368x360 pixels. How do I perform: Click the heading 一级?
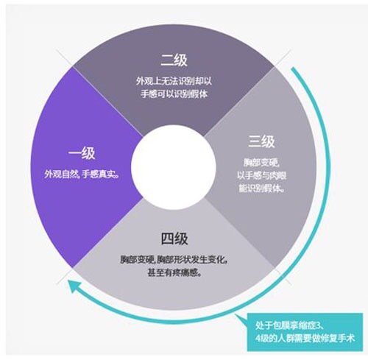[x=82, y=153]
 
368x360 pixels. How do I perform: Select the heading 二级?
[x=174, y=60]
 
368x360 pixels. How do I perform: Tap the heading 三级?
[x=261, y=141]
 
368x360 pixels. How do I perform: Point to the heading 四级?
[x=174, y=238]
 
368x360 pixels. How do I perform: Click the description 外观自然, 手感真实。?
[x=82, y=174]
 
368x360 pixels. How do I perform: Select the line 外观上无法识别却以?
[x=174, y=81]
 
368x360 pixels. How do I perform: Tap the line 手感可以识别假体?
[x=174, y=93]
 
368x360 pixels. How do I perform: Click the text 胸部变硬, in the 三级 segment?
[x=261, y=162]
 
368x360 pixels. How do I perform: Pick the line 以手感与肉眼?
[x=261, y=175]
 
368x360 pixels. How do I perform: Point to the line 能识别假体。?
[x=261, y=188]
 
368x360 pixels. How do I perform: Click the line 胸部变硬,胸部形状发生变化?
[x=174, y=259]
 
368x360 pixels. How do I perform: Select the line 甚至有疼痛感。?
[x=174, y=272]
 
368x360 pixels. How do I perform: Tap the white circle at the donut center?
[x=174, y=167]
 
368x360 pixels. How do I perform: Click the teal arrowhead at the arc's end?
[x=74, y=287]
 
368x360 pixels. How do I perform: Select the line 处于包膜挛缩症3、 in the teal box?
[x=290, y=325]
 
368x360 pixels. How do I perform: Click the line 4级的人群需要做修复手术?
[x=305, y=339]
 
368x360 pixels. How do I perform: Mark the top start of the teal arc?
[x=293, y=68]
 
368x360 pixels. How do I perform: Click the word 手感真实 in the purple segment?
[x=98, y=174]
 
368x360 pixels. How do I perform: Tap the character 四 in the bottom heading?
[x=167, y=238]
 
